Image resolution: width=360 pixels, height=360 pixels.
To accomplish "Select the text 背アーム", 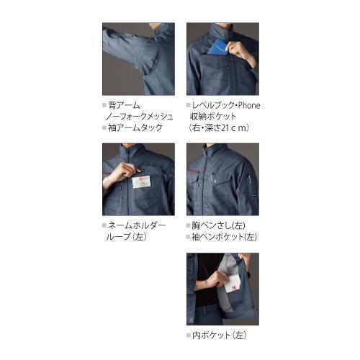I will pos(125,105).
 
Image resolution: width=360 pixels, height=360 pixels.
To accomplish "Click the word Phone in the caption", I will pos(246,105).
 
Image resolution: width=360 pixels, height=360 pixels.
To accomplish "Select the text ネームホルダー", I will pos(140,225).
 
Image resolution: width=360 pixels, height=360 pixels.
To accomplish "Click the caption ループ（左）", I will pos(127,237).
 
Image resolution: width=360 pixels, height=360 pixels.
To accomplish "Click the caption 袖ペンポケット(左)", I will pos(226,237).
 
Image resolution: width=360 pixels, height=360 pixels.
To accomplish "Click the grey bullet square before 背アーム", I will pos(104,105).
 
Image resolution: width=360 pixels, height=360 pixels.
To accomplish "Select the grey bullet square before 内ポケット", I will pos(189,335).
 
